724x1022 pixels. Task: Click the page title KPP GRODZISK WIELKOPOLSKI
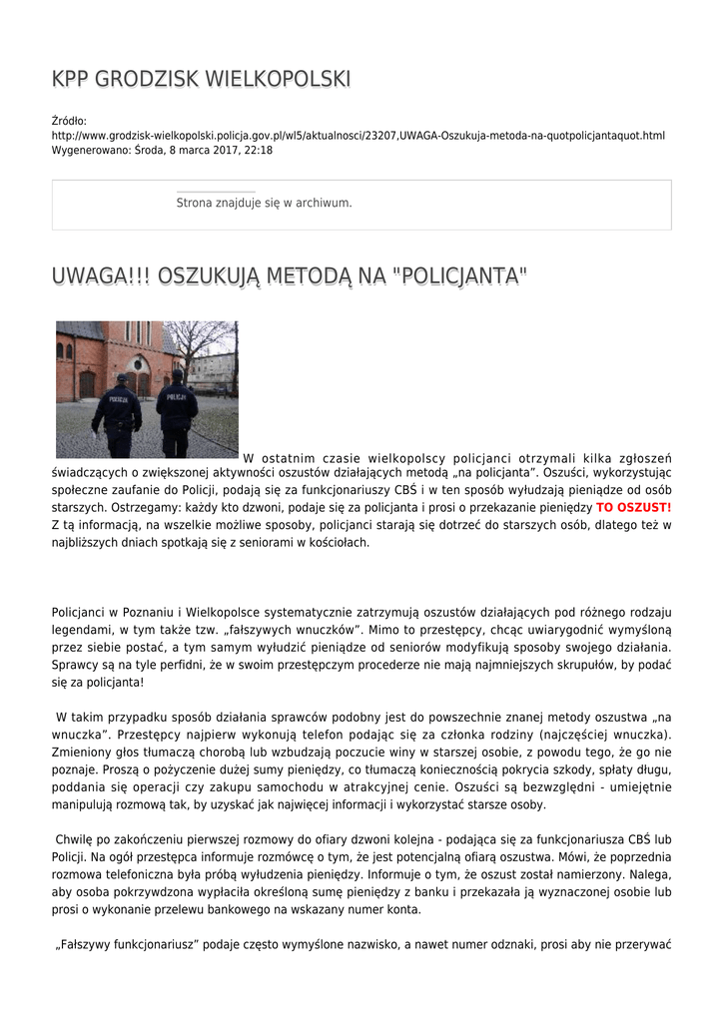pos(201,79)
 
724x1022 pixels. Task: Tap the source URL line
pos(358,135)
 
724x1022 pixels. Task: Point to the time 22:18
pos(257,150)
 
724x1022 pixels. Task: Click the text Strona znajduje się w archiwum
pos(264,203)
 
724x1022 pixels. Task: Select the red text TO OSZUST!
pos(633,507)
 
